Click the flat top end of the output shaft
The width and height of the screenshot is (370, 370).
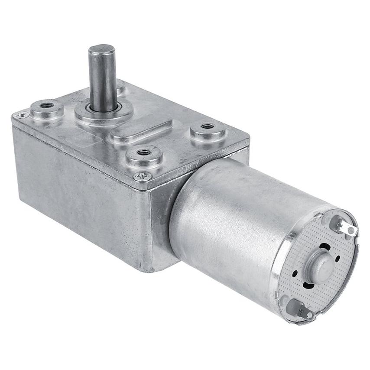(x=102, y=48)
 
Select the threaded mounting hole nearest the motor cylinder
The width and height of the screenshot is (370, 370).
(x=208, y=126)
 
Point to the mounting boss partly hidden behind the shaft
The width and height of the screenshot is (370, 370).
(x=120, y=87)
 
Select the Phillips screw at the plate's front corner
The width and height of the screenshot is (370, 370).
(x=142, y=176)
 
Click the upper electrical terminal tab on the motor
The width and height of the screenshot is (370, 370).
(x=345, y=227)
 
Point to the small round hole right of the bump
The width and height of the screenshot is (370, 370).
(x=338, y=259)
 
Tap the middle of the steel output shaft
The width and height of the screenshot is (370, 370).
(x=103, y=78)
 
